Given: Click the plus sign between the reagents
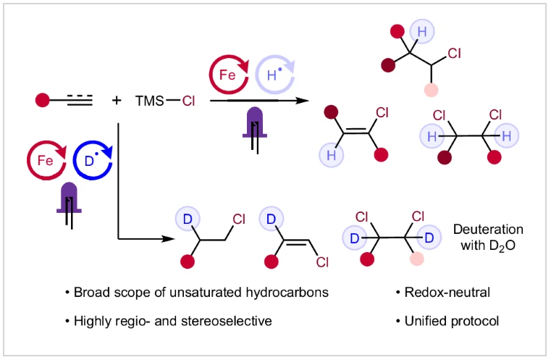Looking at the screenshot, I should tap(117, 101).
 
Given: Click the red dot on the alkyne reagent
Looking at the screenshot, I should tap(42, 100).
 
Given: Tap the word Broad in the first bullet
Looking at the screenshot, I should tap(90, 293).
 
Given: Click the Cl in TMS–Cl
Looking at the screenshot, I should tap(189, 101).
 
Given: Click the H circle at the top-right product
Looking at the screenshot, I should tap(421, 31).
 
